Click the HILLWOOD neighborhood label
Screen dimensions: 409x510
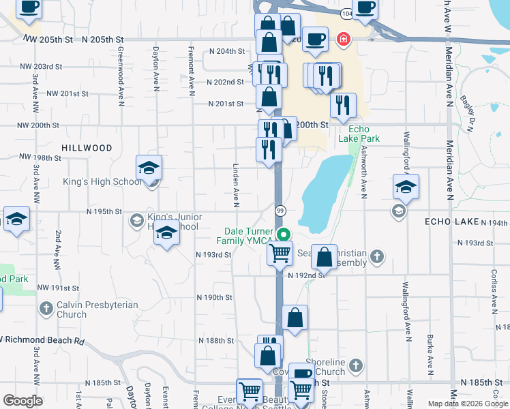tap(87, 148)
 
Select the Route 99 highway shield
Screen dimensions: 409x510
tap(280, 211)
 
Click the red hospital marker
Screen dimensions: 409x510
tap(343, 39)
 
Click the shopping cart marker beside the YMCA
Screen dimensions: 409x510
tap(280, 254)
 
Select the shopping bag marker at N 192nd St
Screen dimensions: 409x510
tap(325, 258)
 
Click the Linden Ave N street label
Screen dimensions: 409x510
tap(236, 185)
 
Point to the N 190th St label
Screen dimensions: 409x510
tap(215, 298)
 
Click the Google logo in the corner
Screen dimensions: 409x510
tap(22, 400)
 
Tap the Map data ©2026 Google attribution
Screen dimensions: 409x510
tap(468, 404)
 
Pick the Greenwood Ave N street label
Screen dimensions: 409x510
tap(120, 85)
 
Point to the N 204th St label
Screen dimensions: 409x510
tap(226, 51)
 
